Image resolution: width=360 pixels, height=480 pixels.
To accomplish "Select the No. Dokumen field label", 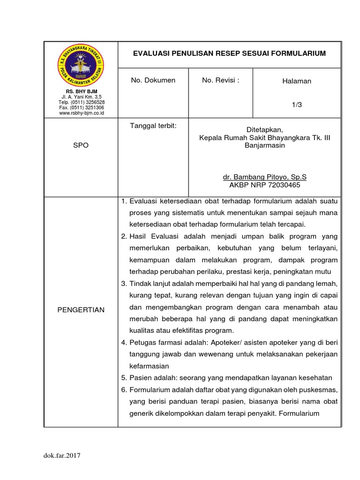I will [153, 80].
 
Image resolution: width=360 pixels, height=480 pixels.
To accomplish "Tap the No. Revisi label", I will [220, 80].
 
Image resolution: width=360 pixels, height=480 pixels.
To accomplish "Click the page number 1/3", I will [296, 105].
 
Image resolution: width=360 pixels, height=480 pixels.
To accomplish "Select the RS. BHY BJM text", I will [81, 91].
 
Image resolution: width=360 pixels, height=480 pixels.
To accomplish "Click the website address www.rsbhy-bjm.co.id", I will [81, 113].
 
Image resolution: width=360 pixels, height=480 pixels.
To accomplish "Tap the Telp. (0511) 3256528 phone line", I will [81, 102].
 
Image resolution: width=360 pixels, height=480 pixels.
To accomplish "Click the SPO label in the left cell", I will [81, 146].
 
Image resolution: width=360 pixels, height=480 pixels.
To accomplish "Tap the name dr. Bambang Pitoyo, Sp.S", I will [264, 178].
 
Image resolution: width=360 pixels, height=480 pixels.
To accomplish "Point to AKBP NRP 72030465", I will [264, 185].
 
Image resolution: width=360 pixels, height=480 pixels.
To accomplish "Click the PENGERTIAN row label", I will [81, 310].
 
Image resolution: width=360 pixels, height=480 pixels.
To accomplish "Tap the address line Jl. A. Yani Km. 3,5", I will [81, 97].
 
